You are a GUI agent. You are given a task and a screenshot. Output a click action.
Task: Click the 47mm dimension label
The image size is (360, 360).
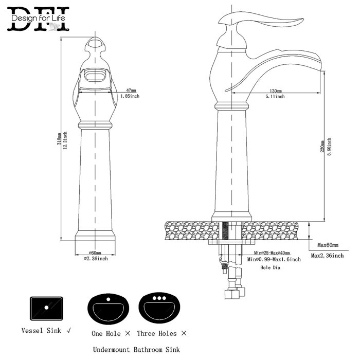coord(131,91)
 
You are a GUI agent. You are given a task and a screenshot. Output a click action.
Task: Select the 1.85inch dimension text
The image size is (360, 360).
coord(130,96)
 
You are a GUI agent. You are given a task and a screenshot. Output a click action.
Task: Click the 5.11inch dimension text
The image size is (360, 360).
coord(275,97)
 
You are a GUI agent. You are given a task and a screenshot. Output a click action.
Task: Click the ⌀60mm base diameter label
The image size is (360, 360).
coord(95,253)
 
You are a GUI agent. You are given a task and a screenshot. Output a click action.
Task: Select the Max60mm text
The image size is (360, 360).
coord(327,245)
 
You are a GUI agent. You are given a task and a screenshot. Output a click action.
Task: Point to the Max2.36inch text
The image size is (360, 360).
coord(327,255)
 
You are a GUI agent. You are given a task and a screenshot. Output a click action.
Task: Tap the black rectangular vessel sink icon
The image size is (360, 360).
coord(46,307)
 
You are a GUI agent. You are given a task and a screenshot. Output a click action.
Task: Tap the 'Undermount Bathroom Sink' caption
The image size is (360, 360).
coord(137,349)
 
